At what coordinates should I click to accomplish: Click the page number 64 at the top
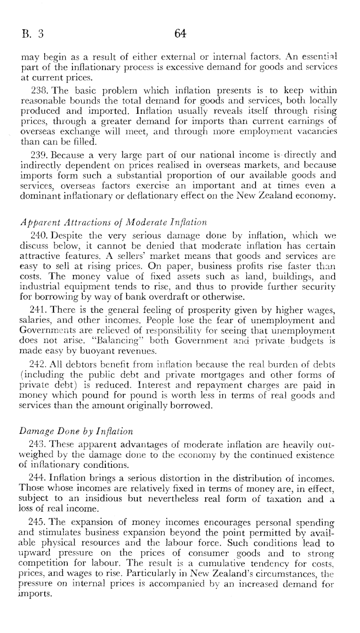pos(179,34)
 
